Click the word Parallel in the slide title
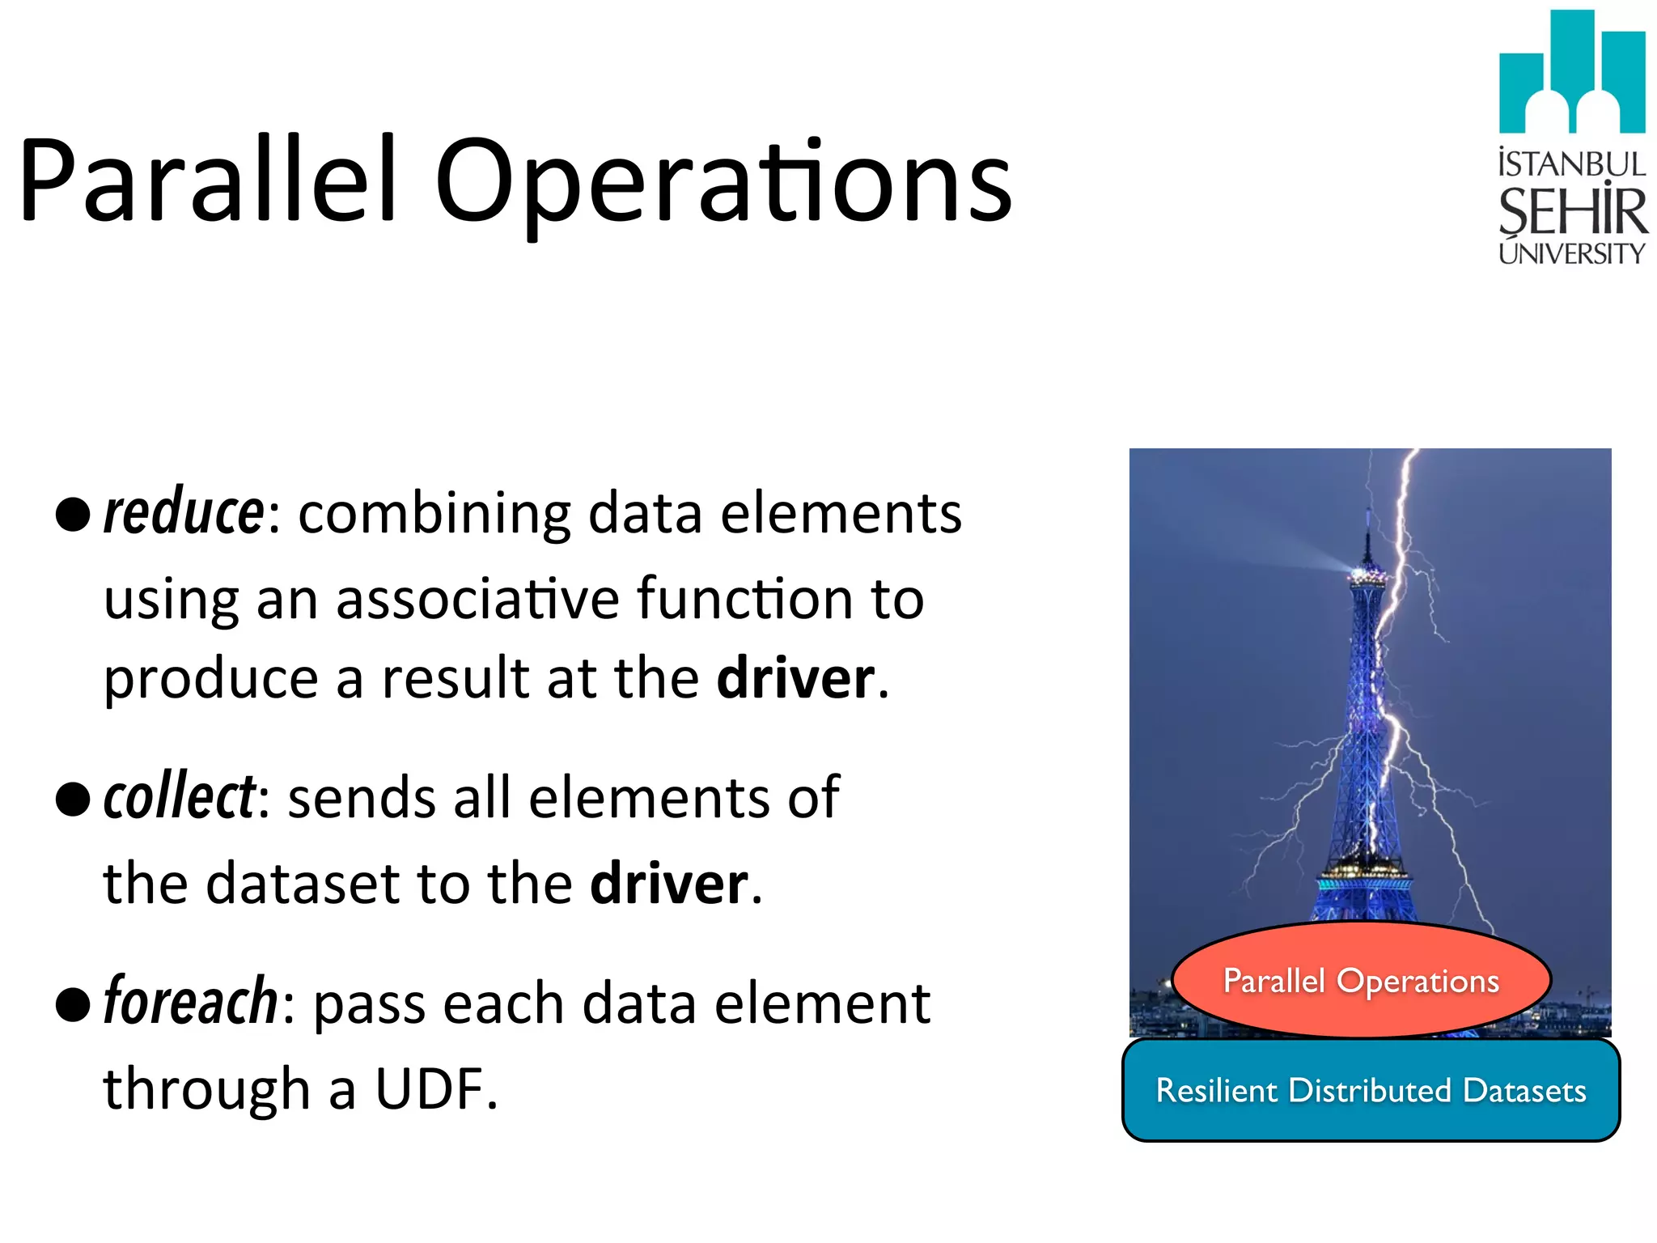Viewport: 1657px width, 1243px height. pyautogui.click(x=209, y=180)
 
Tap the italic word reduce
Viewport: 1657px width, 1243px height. pyautogui.click(x=184, y=513)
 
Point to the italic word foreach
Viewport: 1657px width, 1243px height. pyautogui.click(x=191, y=1002)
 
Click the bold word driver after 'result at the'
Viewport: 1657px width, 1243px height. pyautogui.click(x=795, y=678)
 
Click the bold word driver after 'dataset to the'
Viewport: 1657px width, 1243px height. pyautogui.click(x=669, y=883)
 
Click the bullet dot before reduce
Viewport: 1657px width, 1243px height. pyautogui.click(x=73, y=515)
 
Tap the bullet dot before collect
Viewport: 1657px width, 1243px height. pyautogui.click(x=73, y=800)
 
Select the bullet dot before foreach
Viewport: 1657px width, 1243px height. pyautogui.click(x=73, y=1004)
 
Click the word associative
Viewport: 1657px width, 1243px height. pyautogui.click(x=477, y=600)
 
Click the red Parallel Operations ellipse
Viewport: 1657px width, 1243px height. pyautogui.click(x=1361, y=980)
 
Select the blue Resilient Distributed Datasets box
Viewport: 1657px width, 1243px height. pyautogui.click(x=1371, y=1090)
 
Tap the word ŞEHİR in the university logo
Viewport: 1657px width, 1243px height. pyautogui.click(x=1572, y=211)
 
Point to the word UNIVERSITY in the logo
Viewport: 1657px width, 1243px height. pyautogui.click(x=1571, y=253)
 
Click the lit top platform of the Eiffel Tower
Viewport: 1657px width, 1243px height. pyautogui.click(x=1367, y=576)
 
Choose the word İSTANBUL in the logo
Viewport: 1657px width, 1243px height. pyautogui.click(x=1571, y=164)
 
